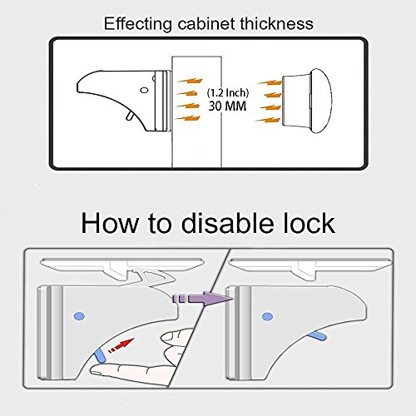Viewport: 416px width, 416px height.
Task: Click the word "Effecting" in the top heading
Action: [138, 24]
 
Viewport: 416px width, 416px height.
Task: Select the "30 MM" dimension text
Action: [227, 106]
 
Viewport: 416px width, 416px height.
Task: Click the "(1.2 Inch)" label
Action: [228, 92]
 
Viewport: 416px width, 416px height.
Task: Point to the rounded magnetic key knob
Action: [307, 101]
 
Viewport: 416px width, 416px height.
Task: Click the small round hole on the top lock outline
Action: [144, 91]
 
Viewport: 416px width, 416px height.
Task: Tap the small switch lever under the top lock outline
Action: [129, 116]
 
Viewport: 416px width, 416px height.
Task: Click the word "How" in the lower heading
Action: [109, 224]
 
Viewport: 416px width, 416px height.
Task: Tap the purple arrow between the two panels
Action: [202, 299]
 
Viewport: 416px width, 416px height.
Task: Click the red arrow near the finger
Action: [121, 344]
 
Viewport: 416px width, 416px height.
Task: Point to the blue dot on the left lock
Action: [79, 316]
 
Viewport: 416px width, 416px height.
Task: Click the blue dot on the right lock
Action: [268, 316]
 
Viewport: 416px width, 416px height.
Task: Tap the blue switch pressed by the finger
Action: [99, 356]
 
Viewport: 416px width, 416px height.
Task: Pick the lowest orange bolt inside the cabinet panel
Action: [188, 118]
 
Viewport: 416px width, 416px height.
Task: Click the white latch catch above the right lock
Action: [307, 270]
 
